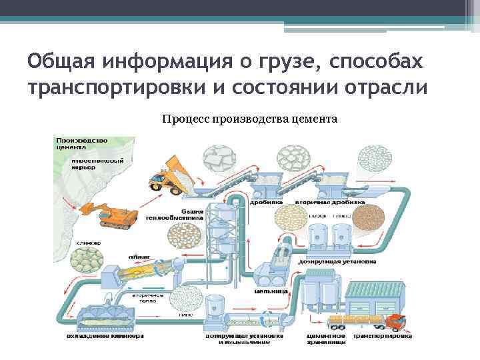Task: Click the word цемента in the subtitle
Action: click(x=314, y=119)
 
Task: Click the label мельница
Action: click(x=273, y=292)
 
